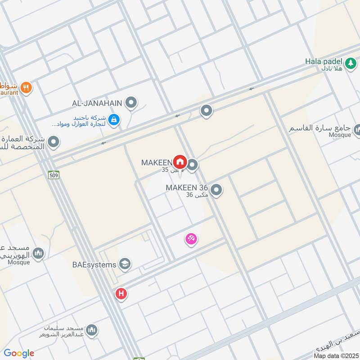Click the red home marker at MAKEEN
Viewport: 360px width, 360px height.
click(x=180, y=162)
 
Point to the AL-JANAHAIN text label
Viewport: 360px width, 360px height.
click(x=97, y=103)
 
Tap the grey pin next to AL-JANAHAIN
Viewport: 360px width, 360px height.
click(x=131, y=103)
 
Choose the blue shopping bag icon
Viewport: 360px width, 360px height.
click(x=114, y=120)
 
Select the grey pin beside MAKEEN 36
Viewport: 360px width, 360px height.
click(x=216, y=190)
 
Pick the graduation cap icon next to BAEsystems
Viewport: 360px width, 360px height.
click(x=125, y=265)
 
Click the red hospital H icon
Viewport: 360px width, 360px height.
click(x=121, y=294)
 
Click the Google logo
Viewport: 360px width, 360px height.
click(x=19, y=353)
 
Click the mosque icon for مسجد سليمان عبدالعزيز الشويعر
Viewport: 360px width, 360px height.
click(x=92, y=331)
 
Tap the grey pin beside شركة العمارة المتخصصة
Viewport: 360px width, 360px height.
click(x=54, y=143)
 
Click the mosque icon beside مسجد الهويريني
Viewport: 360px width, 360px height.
click(x=39, y=254)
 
